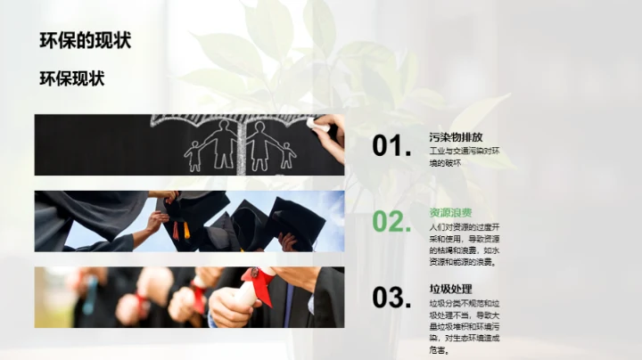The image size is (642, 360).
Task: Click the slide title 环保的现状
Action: click(x=86, y=40)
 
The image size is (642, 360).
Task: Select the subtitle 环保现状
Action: click(x=72, y=78)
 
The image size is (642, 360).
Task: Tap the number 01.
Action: click(x=392, y=146)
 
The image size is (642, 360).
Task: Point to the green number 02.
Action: click(x=392, y=222)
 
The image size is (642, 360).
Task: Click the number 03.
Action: click(x=392, y=298)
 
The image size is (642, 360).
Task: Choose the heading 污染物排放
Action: click(x=456, y=137)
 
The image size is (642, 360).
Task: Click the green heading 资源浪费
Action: click(x=450, y=213)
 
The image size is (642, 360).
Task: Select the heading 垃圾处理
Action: click(x=450, y=289)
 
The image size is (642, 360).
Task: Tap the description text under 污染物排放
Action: click(x=465, y=157)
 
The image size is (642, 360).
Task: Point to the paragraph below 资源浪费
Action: click(x=464, y=244)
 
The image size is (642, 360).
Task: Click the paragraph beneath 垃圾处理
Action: click(x=464, y=326)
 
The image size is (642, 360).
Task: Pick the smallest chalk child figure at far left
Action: click(x=193, y=157)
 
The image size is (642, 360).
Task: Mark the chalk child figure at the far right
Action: click(x=286, y=155)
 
